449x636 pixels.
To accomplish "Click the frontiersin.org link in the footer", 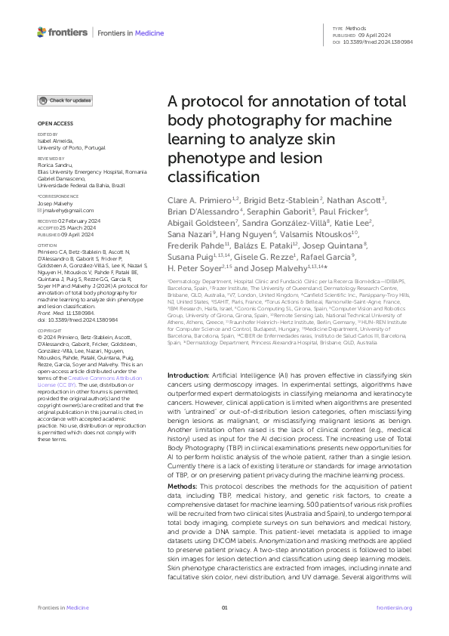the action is pos(394,607).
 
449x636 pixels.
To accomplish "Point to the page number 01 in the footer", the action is pos(224,607).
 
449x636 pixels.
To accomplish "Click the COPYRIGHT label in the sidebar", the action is pos(51,352).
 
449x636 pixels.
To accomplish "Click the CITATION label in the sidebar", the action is pos(49,244).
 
